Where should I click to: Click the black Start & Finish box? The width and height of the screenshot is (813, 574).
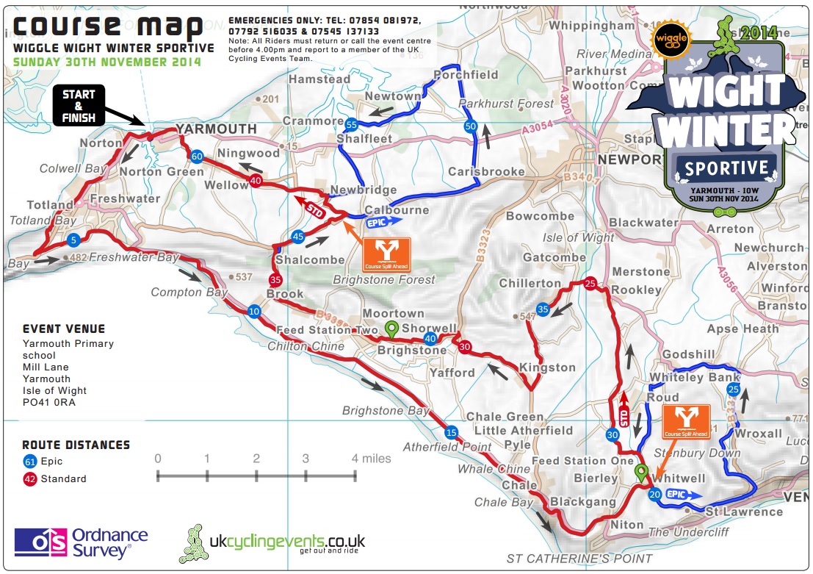coord(79,104)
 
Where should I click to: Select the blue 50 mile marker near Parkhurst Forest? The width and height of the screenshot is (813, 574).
coord(471,126)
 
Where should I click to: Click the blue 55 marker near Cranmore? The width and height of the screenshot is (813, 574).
coord(351,124)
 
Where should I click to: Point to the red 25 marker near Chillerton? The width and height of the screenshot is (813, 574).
coord(591,283)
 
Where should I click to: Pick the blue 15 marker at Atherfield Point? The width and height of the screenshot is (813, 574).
coord(451,431)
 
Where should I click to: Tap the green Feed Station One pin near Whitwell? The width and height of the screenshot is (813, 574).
coord(641,473)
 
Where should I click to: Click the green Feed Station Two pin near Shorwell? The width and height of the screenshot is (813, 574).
coord(392,330)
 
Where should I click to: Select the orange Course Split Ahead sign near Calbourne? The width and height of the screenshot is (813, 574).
coord(386,255)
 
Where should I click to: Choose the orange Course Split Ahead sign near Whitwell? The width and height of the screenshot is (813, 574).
coord(686,421)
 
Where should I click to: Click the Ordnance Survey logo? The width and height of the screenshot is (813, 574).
coord(81,542)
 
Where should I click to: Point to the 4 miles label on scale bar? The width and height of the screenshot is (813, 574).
coord(371,459)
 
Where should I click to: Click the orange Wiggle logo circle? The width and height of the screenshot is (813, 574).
coord(668,37)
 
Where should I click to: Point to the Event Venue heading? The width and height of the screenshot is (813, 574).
coord(64,329)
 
